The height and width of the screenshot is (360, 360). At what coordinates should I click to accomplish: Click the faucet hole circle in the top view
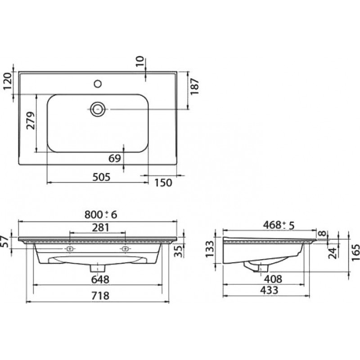98,84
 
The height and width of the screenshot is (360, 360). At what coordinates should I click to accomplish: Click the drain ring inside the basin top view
98,109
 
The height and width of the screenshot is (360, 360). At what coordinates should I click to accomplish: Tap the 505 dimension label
101,177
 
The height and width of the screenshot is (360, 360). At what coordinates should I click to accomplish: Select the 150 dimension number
163,183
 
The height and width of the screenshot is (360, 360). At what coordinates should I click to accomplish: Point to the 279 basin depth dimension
30,121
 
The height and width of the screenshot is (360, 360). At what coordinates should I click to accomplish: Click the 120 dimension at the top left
7,81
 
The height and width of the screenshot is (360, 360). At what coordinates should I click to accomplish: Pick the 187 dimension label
194,86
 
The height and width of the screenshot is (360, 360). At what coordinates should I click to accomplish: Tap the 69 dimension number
115,158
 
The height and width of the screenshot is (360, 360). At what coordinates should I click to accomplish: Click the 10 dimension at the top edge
139,61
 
